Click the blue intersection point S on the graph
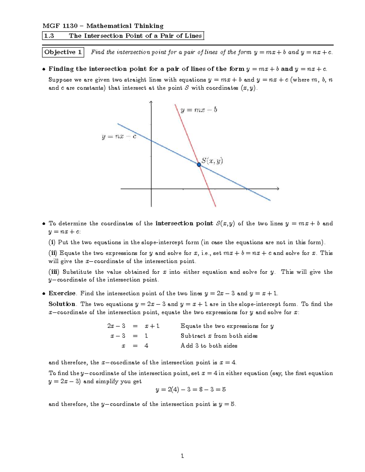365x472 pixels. point(199,164)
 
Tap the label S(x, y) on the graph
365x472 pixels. point(212,161)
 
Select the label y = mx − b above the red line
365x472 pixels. point(199,110)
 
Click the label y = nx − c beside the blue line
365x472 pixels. point(119,136)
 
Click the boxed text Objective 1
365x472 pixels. point(63,52)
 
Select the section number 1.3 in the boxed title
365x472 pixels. point(49,36)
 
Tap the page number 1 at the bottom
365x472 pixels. point(182,456)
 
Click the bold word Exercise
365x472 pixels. point(62,293)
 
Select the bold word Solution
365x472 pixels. point(62,304)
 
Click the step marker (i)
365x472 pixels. point(52,242)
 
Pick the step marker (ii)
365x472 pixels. point(53,253)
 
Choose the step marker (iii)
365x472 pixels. point(54,272)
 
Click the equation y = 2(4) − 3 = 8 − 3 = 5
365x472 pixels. point(191,389)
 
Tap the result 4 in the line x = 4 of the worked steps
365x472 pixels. point(146,346)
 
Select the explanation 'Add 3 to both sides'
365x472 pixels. point(209,346)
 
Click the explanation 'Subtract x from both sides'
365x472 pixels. point(219,336)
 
